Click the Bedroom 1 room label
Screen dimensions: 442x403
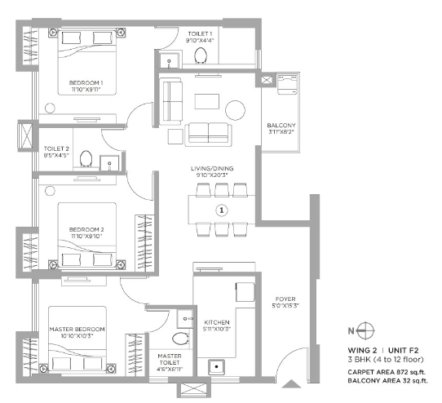tap(86, 83)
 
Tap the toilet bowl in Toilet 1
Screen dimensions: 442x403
tap(201, 55)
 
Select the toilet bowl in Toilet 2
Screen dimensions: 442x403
tap(86, 159)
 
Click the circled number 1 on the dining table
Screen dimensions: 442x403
tap(222, 210)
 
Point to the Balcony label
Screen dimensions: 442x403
tap(281, 125)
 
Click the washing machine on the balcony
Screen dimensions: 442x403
tap(287, 84)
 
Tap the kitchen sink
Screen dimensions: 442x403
tap(216, 367)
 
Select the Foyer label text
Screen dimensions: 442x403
tap(285, 299)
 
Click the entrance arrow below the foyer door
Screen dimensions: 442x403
tap(291, 383)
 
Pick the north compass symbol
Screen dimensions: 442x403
tap(365, 330)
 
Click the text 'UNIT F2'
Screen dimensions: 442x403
tap(404, 351)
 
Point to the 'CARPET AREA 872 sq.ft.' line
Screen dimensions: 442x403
tap(387, 372)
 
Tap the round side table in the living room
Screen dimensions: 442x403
tap(236, 110)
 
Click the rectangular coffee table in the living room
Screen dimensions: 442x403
tap(207, 101)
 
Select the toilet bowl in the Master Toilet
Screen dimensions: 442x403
tap(180, 339)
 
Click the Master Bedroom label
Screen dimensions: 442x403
tap(77, 329)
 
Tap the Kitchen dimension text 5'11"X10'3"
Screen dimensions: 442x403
tap(217, 329)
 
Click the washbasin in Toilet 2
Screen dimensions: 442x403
tap(109, 163)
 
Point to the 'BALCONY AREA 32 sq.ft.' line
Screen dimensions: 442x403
tap(387, 381)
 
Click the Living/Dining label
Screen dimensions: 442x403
tap(212, 168)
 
